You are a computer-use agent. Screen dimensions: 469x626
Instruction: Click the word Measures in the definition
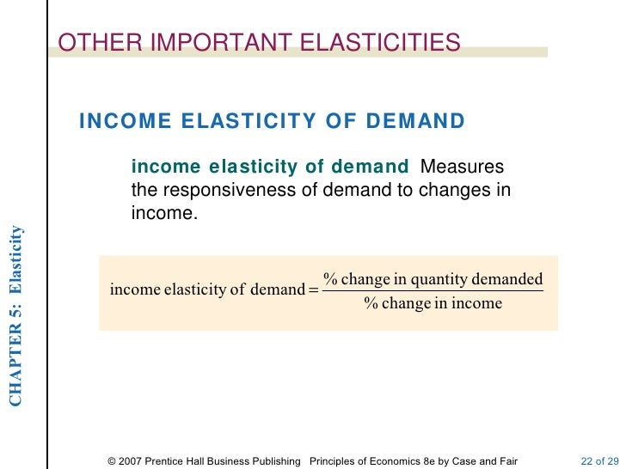463,167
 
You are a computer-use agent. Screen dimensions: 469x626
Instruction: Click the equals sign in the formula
312,289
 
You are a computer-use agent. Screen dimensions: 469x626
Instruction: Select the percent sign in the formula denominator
371,303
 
